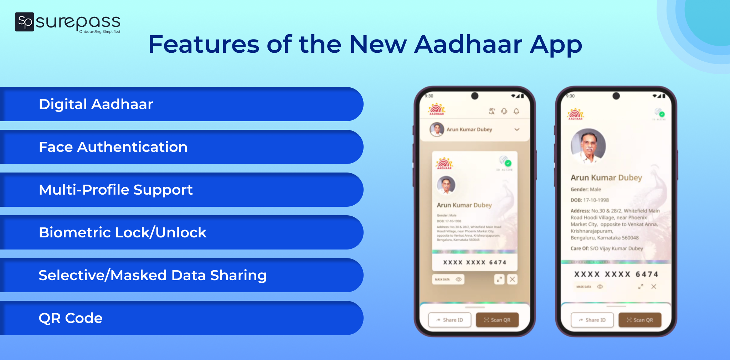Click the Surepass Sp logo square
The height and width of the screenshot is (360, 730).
[x=24, y=22]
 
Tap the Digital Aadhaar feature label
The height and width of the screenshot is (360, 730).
[x=96, y=104]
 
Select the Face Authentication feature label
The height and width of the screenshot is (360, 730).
[x=113, y=147]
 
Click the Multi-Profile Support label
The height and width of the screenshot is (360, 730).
[x=116, y=190]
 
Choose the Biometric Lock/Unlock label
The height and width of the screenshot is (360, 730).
[x=123, y=232]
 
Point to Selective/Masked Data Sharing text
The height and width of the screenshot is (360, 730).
[x=153, y=275]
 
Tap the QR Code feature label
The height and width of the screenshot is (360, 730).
[x=71, y=318]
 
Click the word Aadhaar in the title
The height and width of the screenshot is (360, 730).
[x=468, y=45]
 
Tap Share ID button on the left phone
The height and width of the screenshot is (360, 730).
[x=449, y=320]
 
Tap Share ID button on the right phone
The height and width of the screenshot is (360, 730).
[x=592, y=320]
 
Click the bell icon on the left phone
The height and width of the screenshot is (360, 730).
[x=516, y=111]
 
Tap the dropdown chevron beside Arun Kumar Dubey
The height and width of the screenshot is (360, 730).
[x=517, y=129]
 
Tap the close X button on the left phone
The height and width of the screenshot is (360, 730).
[x=512, y=279]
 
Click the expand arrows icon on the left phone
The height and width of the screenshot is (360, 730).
[x=499, y=279]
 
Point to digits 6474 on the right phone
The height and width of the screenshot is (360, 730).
[x=647, y=274]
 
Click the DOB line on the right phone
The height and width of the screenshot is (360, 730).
[x=590, y=200]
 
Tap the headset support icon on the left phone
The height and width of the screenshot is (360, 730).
[x=504, y=111]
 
